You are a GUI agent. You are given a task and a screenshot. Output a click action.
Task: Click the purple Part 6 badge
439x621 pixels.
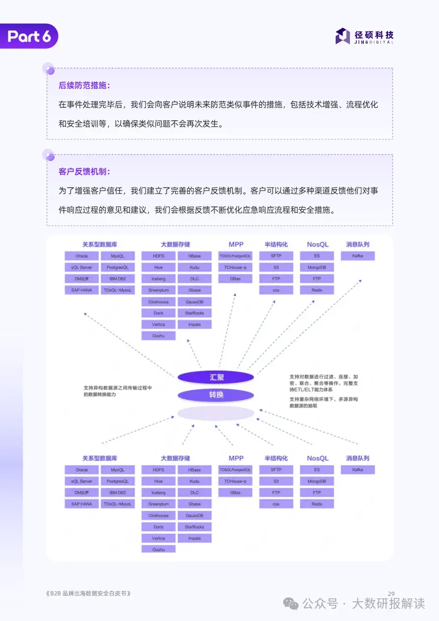coord(30,36)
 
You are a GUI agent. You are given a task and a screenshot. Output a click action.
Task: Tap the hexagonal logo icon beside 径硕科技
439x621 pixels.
coord(343,36)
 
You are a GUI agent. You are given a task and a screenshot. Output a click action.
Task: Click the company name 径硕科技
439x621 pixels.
coord(374,35)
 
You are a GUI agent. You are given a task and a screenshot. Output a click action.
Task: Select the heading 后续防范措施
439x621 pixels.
coord(84,85)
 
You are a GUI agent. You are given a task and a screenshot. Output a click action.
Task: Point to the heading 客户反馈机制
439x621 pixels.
coord(84,171)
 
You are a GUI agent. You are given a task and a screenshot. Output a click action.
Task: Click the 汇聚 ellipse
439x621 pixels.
coord(216,377)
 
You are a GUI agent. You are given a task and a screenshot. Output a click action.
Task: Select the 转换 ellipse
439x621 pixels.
coord(216,395)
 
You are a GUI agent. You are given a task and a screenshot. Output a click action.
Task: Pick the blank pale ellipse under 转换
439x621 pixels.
coord(216,413)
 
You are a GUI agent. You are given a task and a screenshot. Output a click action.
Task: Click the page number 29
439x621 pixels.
coord(391,593)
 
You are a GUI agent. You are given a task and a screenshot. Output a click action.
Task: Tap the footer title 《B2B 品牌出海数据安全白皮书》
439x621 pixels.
coord(89,593)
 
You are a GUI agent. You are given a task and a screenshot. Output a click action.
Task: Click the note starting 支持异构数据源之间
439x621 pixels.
coord(118,391)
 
